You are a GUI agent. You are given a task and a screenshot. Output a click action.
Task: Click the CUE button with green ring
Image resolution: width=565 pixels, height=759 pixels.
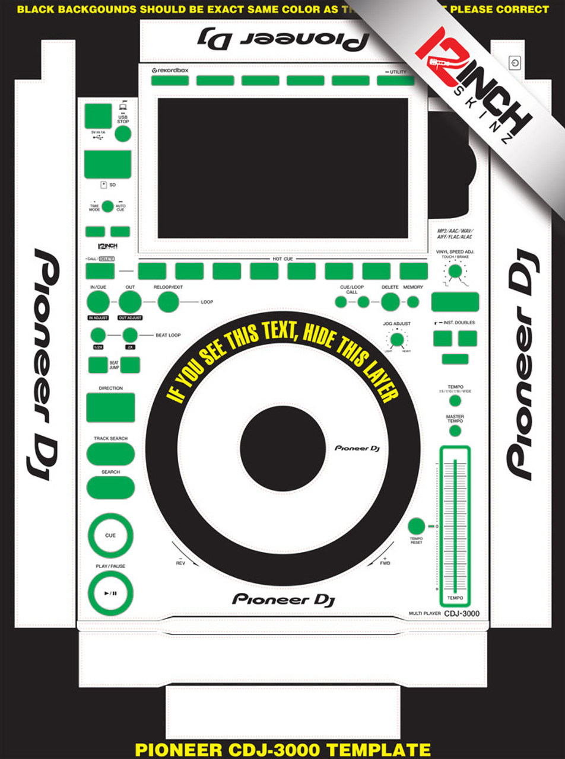click(x=110, y=535)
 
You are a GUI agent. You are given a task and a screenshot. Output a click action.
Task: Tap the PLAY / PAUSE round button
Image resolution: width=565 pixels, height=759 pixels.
click(x=110, y=593)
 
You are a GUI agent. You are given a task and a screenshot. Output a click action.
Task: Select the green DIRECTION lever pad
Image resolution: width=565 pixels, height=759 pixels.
click(x=110, y=407)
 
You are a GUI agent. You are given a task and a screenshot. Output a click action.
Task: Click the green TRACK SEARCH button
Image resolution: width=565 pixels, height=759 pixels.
click(x=110, y=454)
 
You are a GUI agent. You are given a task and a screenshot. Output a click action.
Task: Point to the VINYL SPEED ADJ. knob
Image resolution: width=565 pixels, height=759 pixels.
click(x=455, y=272)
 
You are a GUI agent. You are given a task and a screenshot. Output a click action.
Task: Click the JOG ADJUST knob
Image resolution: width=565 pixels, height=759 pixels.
click(x=396, y=340)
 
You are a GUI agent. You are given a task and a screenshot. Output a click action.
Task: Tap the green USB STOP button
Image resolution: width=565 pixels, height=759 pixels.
click(x=123, y=134)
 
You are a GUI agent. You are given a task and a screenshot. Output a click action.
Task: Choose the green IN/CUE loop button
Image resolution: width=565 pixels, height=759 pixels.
click(x=98, y=302)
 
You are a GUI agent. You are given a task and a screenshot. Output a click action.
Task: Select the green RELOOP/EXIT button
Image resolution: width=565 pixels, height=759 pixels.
click(x=169, y=302)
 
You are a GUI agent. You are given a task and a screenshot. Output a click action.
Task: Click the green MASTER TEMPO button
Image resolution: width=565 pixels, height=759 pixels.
click(x=455, y=431)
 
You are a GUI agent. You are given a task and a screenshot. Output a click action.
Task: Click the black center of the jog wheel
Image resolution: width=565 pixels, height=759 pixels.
click(x=282, y=448)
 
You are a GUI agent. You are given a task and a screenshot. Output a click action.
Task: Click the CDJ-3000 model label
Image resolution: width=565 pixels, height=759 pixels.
click(x=462, y=614)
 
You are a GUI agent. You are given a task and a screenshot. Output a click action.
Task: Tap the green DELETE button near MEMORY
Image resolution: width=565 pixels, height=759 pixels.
click(x=390, y=302)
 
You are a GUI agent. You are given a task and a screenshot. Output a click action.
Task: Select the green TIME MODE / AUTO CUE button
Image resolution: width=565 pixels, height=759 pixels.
click(x=107, y=206)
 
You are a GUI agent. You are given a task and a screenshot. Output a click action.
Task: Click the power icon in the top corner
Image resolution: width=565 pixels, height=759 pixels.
click(x=514, y=62)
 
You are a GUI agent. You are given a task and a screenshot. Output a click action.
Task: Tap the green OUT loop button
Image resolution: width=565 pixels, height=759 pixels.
click(x=130, y=302)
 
